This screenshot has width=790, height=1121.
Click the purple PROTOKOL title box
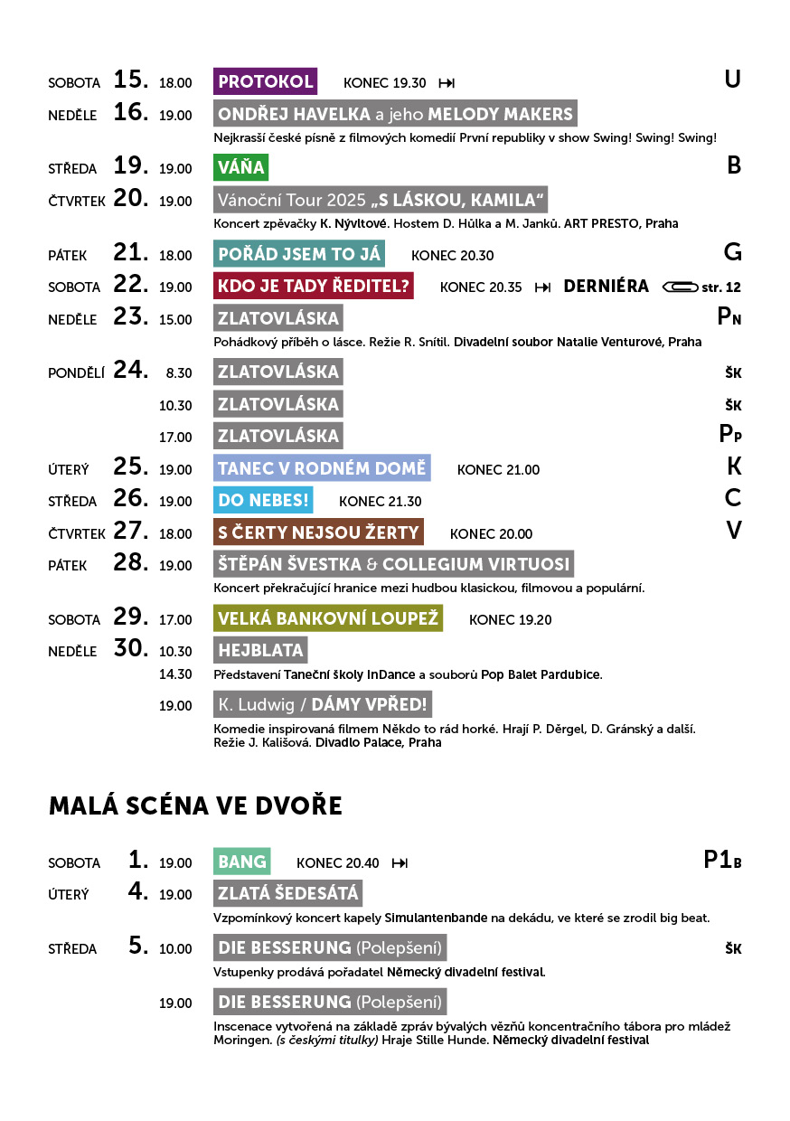[265, 81]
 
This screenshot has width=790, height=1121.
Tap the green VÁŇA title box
[240, 167]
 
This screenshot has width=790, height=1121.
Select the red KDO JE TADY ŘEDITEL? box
[314, 287]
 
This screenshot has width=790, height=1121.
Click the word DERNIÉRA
[606, 287]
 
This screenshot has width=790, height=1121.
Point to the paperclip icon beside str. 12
[679, 287]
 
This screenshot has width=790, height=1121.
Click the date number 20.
[130, 198]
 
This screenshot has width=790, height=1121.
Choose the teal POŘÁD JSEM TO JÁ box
[299, 254]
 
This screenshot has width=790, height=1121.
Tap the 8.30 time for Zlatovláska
[179, 372]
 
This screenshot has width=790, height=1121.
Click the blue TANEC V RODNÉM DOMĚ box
[321, 468]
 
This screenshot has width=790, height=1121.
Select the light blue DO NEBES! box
[264, 500]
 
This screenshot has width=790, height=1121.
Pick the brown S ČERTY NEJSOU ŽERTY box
[318, 532]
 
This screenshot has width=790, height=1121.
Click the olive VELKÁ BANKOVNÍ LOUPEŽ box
[328, 618]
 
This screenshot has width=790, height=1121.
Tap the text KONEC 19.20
[510, 619]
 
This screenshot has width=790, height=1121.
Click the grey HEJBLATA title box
[260, 650]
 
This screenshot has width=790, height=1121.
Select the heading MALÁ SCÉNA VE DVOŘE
[195, 805]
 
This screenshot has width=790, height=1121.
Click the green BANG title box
[242, 862]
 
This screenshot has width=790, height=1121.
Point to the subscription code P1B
[721, 860]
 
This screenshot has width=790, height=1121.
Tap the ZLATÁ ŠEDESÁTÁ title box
[287, 893]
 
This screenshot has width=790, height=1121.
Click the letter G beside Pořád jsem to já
[732, 252]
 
